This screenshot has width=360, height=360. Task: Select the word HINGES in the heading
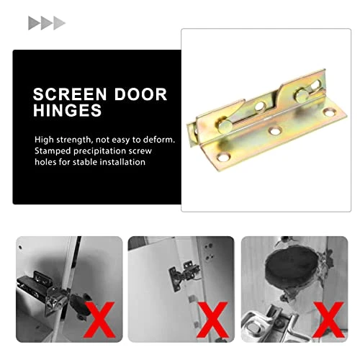67,112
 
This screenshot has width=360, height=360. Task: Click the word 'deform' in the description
158,139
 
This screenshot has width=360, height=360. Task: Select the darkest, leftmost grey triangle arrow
34,23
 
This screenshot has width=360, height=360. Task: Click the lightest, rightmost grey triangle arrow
59,23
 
